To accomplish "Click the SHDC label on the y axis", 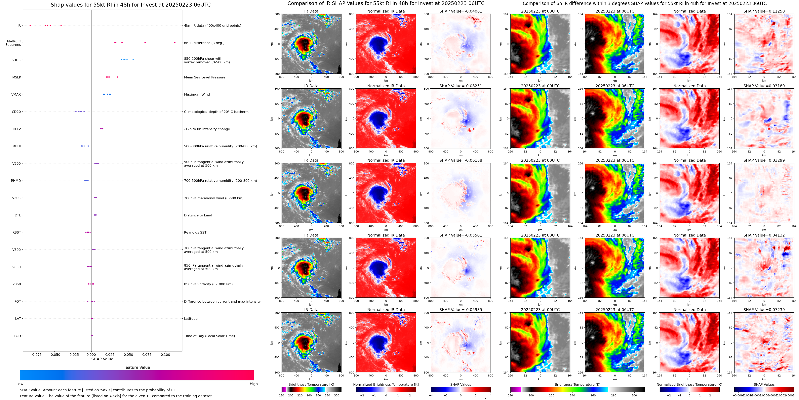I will click(x=16, y=60).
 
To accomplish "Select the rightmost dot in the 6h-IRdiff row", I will click(x=175, y=43).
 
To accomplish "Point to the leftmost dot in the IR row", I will click(x=30, y=25).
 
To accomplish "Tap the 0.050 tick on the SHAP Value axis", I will click(x=128, y=354).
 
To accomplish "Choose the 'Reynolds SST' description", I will click(x=195, y=232).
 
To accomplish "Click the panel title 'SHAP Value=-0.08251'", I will click(x=461, y=86).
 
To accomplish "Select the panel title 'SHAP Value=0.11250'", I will click(x=764, y=11).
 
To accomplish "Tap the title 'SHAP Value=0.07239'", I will click(x=764, y=310).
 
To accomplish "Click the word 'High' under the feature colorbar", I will click(x=253, y=384).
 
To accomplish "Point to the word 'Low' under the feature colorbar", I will click(x=20, y=384).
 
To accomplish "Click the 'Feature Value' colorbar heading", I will click(x=137, y=367).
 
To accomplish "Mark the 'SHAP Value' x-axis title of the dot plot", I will click(x=102, y=359).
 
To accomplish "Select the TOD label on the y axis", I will click(x=17, y=336).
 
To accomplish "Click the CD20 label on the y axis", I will click(x=17, y=112).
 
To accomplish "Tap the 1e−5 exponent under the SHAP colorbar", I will click(x=487, y=399).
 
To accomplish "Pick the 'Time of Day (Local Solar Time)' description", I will click(x=209, y=336).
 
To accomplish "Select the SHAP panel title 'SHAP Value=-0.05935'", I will click(x=461, y=310).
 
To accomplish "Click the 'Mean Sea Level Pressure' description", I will click(x=205, y=77).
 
